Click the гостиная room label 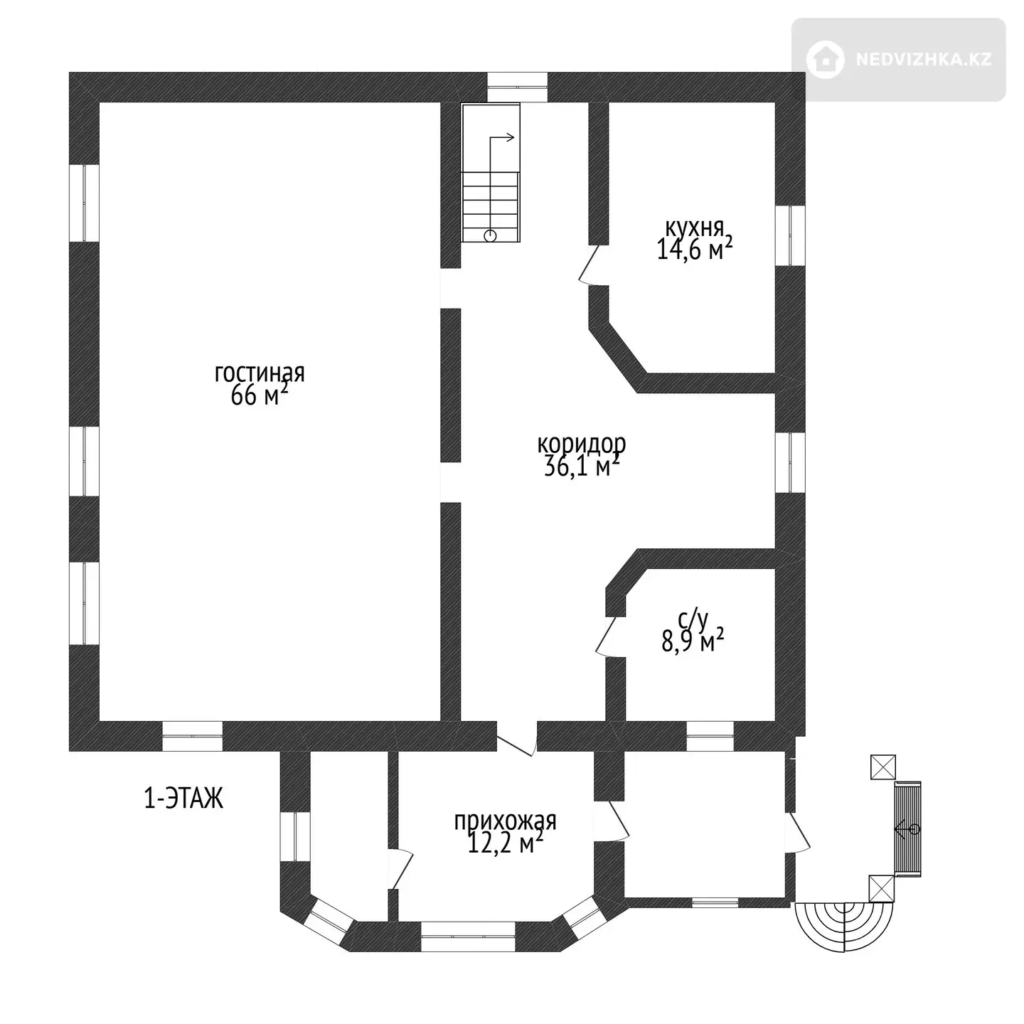pyautogui.click(x=260, y=374)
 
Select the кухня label pyautogui.click(x=695, y=228)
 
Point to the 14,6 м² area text pyautogui.click(x=695, y=249)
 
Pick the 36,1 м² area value pyautogui.click(x=582, y=466)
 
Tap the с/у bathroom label pyautogui.click(x=693, y=619)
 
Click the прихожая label pyautogui.click(x=505, y=821)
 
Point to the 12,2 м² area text pyautogui.click(x=505, y=843)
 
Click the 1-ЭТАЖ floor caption pyautogui.click(x=183, y=798)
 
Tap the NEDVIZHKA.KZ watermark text pyautogui.click(x=924, y=60)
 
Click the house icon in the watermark pyautogui.click(x=826, y=60)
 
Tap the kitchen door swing pyautogui.click(x=591, y=265)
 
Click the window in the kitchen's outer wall pyautogui.click(x=789, y=235)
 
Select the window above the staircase pyautogui.click(x=518, y=87)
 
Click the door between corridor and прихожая pyautogui.click(x=516, y=738)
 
